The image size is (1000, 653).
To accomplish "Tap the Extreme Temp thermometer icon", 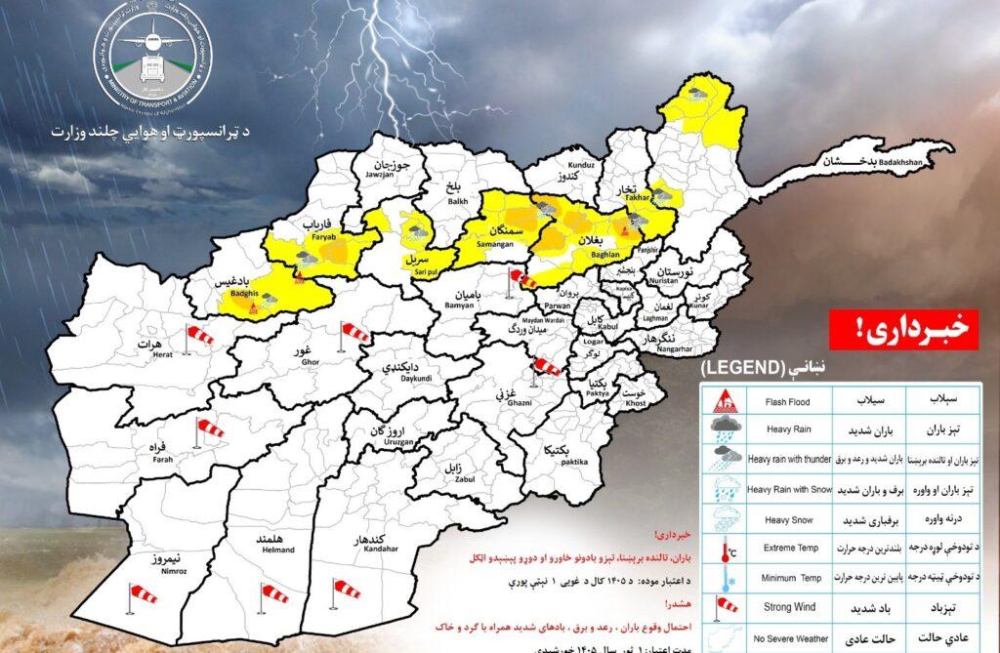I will tap(724, 550).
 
